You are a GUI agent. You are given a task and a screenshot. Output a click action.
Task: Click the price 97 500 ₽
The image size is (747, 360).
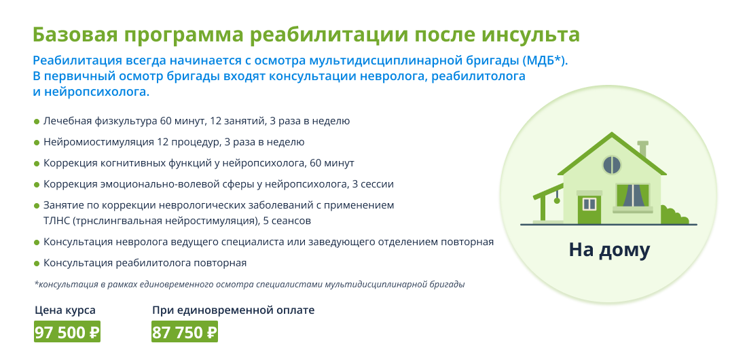67,332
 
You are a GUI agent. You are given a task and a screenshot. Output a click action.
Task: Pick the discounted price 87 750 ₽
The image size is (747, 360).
185,332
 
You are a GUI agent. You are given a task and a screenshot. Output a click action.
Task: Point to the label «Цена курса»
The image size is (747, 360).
65,310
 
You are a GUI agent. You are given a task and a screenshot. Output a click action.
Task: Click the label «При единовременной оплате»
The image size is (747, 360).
234,310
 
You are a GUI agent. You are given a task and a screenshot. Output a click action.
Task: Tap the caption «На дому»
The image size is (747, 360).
609,250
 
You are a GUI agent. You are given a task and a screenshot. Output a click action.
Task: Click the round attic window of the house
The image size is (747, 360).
612,165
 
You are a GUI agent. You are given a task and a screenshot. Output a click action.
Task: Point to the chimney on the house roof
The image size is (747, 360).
643,148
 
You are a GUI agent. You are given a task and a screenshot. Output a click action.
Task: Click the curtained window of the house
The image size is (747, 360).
633,196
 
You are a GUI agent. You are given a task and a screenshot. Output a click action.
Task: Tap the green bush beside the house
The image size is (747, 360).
674,215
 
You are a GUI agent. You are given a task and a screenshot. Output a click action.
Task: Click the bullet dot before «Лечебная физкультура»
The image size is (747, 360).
37,122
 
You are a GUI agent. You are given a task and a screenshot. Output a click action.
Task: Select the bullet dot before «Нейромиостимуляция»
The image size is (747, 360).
37,143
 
